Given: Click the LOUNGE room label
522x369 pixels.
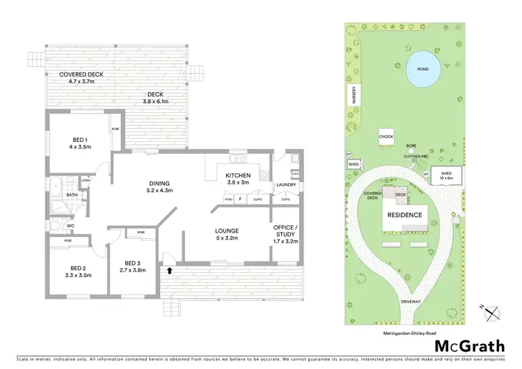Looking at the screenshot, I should click(x=227, y=234).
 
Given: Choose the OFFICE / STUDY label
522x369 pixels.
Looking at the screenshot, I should click(x=286, y=234).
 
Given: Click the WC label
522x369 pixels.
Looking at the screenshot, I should click(x=71, y=226).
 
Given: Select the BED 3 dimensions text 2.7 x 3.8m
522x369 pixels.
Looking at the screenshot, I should click(x=132, y=270).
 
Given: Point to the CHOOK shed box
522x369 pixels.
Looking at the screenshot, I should click(x=387, y=136).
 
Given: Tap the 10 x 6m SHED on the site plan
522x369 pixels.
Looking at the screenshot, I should click(x=445, y=177).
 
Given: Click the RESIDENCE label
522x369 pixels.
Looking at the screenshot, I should click(x=405, y=215).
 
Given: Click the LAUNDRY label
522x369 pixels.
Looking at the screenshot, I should click(x=286, y=184).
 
